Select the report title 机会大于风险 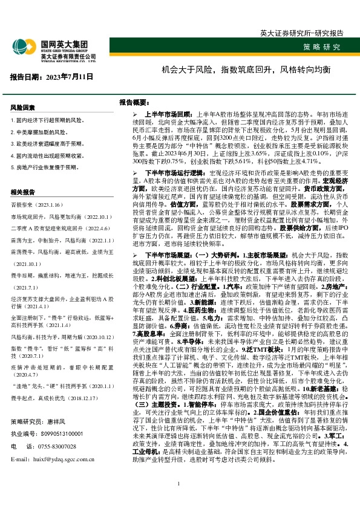coord(246,70)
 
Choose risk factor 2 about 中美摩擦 coord(39,132)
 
